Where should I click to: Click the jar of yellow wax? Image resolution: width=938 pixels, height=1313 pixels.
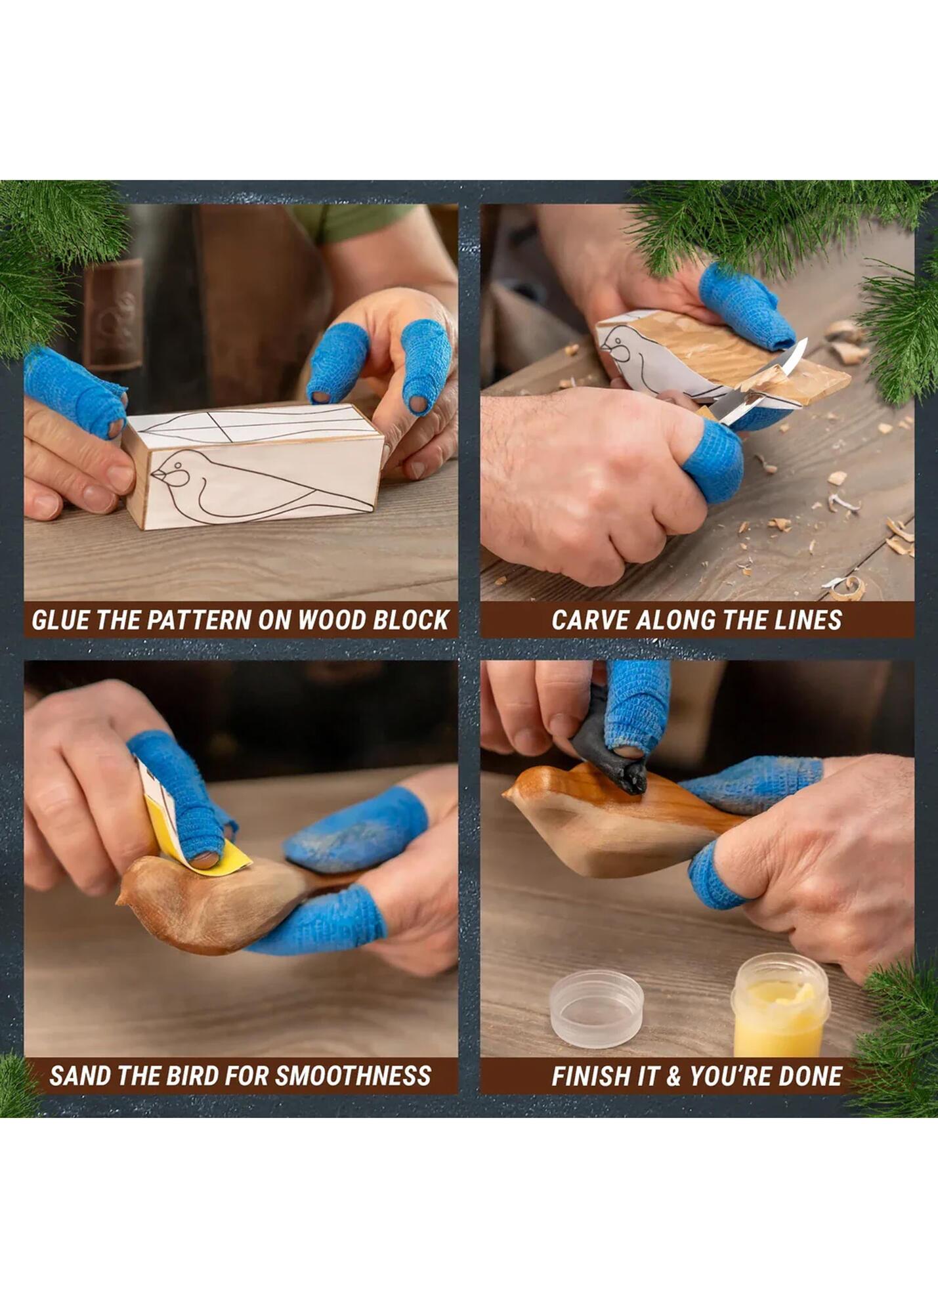pyautogui.click(x=780, y=1006)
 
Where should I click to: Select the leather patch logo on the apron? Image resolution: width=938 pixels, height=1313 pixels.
pyautogui.click(x=113, y=314)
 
